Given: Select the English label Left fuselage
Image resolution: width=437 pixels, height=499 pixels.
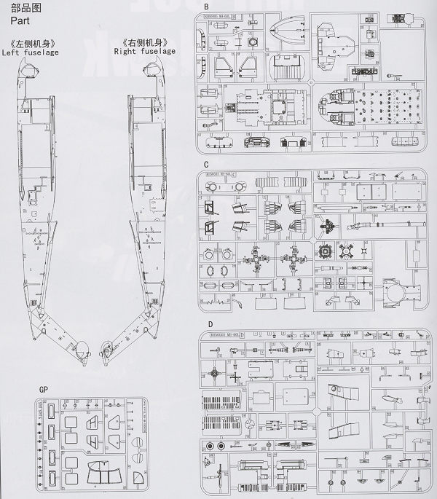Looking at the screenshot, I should (31, 52).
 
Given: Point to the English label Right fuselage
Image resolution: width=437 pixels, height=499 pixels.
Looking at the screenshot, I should (143, 52).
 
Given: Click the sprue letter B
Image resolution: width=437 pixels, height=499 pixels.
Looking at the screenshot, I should (205, 7).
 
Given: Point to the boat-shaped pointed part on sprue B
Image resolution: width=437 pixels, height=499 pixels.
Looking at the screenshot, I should (290, 36).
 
